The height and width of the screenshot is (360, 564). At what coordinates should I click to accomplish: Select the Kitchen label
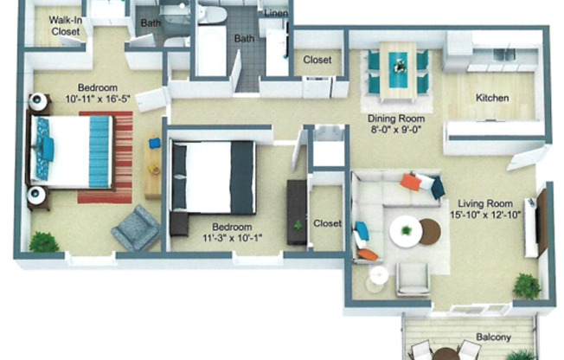[x=492, y=98]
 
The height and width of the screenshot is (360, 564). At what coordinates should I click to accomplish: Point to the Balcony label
[x=492, y=337]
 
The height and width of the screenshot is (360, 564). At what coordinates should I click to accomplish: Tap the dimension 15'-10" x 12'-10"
[x=484, y=215]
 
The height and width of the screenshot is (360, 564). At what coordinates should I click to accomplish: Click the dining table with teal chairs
[x=397, y=67]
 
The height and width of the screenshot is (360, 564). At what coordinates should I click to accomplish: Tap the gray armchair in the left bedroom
[x=135, y=228]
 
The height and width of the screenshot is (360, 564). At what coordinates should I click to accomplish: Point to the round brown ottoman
[x=430, y=231]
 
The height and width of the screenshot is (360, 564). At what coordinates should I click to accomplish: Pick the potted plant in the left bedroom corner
[x=43, y=241]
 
